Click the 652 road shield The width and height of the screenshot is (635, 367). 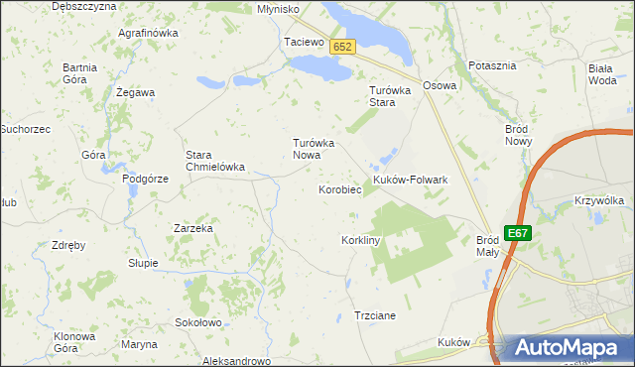[342, 47]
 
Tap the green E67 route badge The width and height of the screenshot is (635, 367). [517, 233]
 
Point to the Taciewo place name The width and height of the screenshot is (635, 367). [304, 43]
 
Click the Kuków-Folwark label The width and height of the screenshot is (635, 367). [411, 180]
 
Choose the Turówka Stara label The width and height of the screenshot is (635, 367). [383, 96]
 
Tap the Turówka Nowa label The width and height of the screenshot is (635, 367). [314, 149]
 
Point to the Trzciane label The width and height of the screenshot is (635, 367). [375, 315]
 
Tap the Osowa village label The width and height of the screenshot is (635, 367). [440, 85]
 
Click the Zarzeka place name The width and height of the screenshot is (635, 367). [193, 227]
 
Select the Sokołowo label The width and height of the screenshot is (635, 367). [197, 322]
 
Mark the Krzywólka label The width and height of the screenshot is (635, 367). [598, 200]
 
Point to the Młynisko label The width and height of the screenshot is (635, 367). [278, 8]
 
